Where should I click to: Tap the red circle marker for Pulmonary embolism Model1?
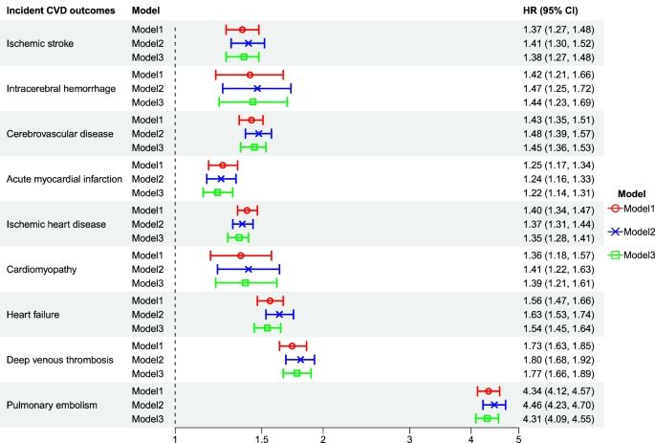(488, 391)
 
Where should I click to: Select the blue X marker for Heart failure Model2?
(279, 314)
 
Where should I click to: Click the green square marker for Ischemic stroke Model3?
(243, 56)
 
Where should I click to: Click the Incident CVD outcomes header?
(55, 11)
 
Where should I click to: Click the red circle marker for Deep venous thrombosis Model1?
(292, 345)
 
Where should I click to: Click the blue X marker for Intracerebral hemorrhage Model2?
(256, 88)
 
